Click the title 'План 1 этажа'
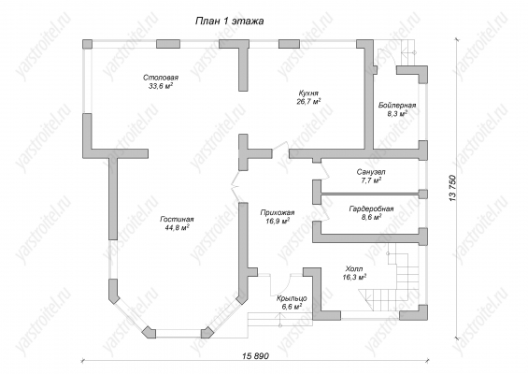coord(229,22)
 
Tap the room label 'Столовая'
coord(161,78)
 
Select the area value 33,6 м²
coord(161,86)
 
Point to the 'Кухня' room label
coord(308,93)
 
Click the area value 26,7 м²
coord(308,101)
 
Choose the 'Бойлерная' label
coord(397,105)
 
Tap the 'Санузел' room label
coord(371,172)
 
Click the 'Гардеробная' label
coord(371,209)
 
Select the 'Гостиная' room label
coord(177,220)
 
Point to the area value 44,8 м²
coord(177,228)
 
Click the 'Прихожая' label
coord(278,212)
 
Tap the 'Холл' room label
coord(354,269)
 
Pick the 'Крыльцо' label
coord(292,298)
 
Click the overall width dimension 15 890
coord(256,356)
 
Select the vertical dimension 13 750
coord(453,188)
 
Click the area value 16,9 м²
coord(278,221)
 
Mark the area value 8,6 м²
coord(371,217)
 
